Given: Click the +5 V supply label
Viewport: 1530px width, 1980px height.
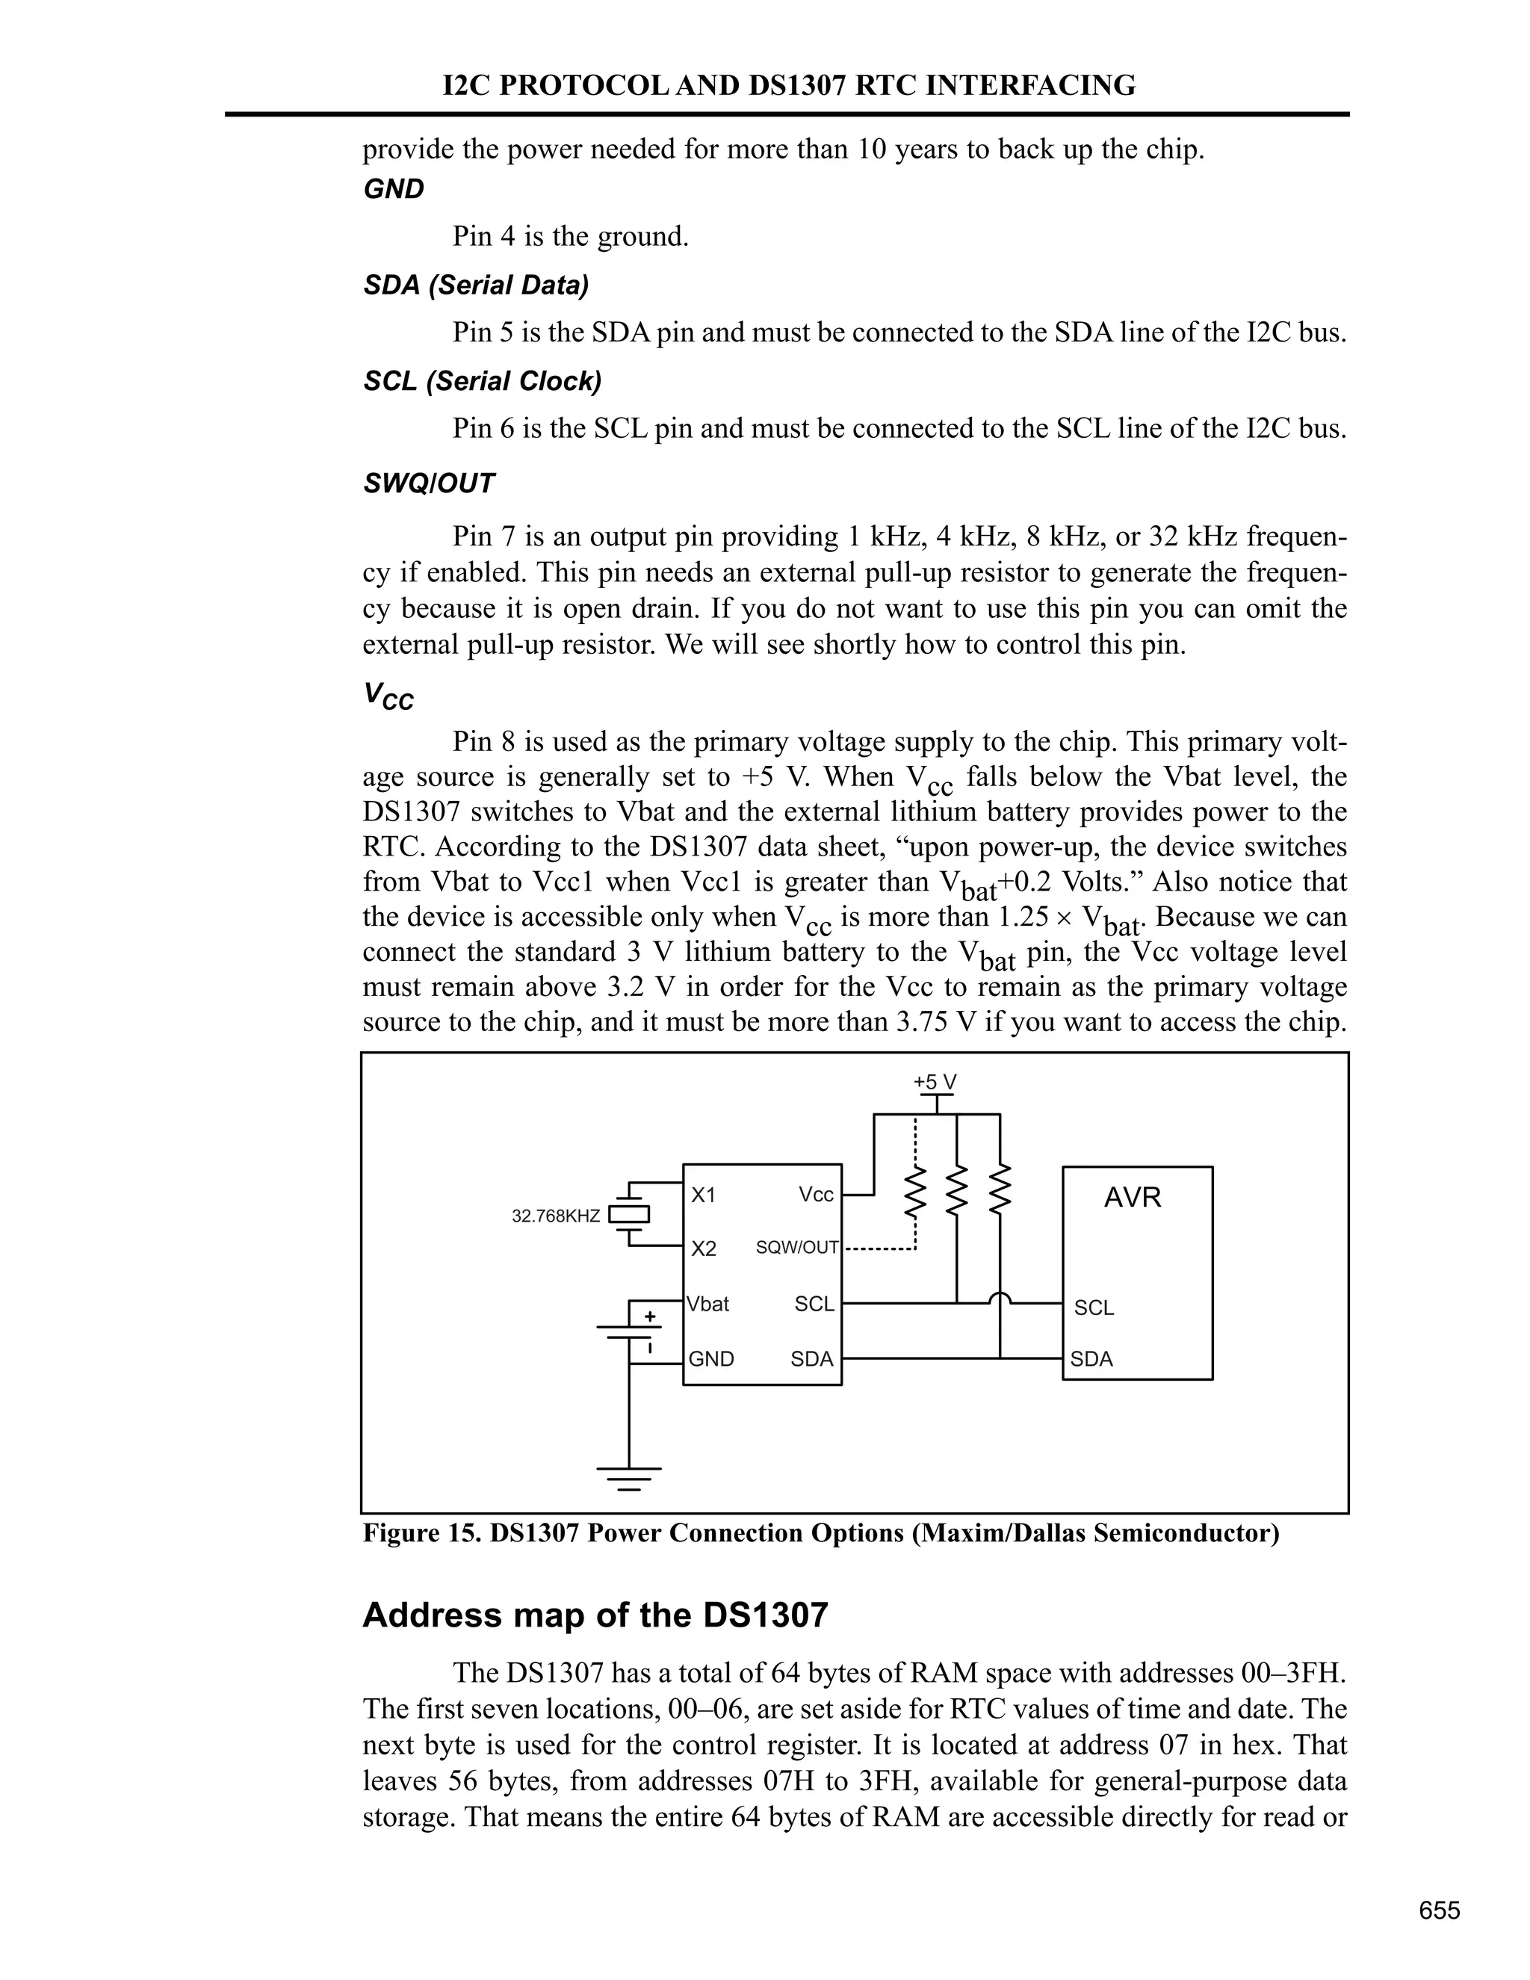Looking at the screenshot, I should (x=935, y=1082).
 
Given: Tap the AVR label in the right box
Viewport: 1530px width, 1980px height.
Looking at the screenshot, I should (x=1132, y=1198).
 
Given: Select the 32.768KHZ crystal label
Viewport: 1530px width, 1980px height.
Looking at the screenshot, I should (x=556, y=1216).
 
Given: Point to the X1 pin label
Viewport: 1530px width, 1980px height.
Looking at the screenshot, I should (x=703, y=1195).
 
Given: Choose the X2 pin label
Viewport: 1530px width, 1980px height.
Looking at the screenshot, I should (x=703, y=1249).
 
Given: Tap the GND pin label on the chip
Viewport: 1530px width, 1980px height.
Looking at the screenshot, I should (x=710, y=1358).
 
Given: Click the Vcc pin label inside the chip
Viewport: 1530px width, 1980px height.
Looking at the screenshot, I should (x=816, y=1195).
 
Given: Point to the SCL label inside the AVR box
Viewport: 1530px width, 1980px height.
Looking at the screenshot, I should (x=1094, y=1308).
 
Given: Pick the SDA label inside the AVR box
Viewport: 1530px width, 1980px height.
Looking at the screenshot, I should (x=1091, y=1358).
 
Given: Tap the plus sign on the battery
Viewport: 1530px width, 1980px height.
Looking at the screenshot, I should (x=649, y=1317).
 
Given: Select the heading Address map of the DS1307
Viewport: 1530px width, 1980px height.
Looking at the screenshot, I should (x=595, y=1615).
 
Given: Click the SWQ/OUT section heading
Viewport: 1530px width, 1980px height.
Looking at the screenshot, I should (x=429, y=483).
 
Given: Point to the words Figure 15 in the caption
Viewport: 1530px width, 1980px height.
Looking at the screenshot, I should (x=421, y=1533).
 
